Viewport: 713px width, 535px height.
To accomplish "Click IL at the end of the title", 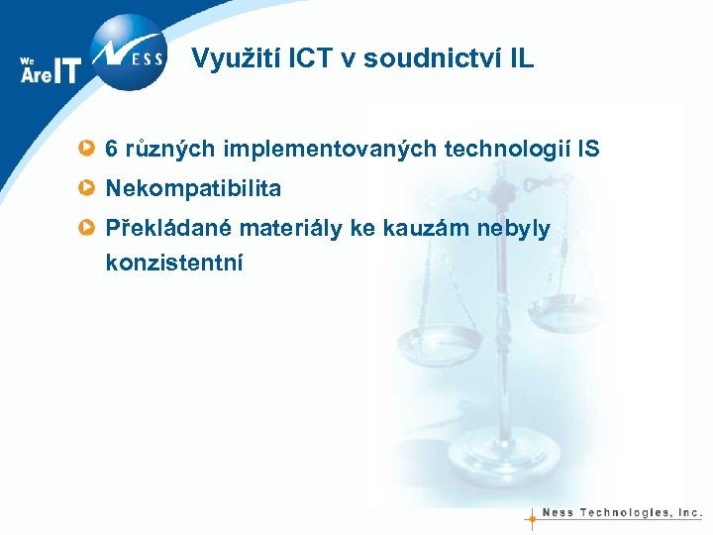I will point(521,58).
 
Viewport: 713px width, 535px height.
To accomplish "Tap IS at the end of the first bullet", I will point(588,150).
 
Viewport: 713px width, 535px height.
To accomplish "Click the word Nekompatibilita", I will point(193,188).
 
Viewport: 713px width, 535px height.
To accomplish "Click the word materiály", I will point(272,229).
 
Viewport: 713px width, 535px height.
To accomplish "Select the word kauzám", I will point(412,229).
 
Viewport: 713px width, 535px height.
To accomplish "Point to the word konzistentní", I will point(173,264).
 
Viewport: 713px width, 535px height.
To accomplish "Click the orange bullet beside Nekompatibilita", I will point(88,188).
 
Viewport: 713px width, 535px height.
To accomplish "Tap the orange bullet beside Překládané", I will point(88,229).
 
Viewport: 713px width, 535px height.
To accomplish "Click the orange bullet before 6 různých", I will point(88,150).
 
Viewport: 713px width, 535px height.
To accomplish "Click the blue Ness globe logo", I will point(129,53).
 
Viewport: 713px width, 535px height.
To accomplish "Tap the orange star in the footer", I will point(532,516).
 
